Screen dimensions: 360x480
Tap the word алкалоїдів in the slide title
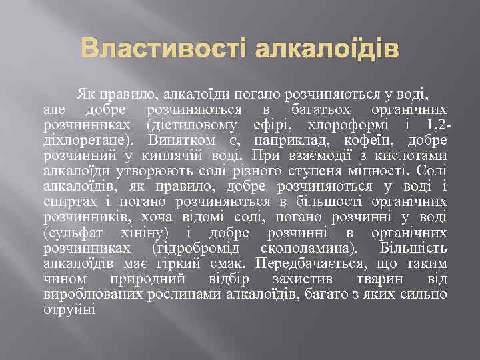click(327, 50)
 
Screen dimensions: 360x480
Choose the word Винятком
click(193, 140)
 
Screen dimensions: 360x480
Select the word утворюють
click(137, 171)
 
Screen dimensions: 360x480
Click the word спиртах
click(67, 201)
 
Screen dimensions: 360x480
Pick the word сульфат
click(69, 232)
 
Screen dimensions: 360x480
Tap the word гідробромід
click(193, 247)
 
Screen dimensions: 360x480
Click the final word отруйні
click(69, 309)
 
